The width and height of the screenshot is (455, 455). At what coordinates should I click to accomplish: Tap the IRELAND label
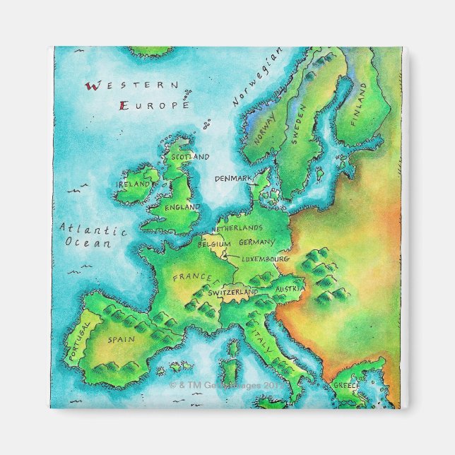coord(134,184)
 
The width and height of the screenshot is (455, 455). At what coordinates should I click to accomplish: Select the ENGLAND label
coord(182,208)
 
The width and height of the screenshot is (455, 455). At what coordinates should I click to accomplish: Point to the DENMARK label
coord(232,179)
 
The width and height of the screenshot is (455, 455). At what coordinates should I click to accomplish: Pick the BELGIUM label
coord(214,244)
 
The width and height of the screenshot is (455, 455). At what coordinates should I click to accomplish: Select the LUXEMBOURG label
coord(266,259)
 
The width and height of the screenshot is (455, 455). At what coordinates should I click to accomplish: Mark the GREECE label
coord(346,386)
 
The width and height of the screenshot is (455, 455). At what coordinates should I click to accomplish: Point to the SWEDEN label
coord(297,124)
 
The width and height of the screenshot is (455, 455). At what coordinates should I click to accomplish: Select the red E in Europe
coord(124,105)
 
